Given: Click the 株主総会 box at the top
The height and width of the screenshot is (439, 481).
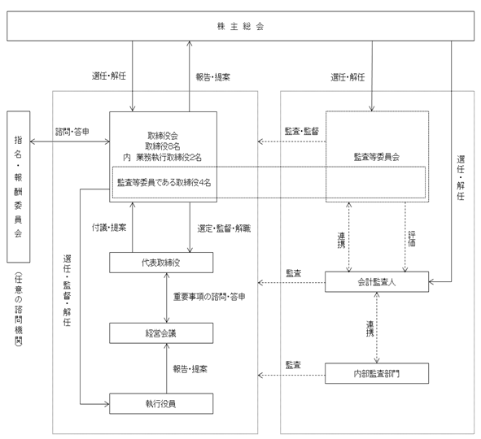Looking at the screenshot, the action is (x=241, y=26).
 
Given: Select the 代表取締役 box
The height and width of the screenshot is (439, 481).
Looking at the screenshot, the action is (x=161, y=263).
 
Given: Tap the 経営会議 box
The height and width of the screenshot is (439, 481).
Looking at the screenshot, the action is (x=161, y=333).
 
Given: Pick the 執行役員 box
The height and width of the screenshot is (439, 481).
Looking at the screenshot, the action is (x=161, y=404).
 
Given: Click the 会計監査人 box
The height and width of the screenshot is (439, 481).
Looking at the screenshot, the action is (x=377, y=282).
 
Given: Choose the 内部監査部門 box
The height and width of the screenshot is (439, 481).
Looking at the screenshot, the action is (x=377, y=373).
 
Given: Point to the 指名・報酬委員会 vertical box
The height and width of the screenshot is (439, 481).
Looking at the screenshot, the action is (x=19, y=187).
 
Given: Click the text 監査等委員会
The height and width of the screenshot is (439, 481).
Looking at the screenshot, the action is (x=377, y=157).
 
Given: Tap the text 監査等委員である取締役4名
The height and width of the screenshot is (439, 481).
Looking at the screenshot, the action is (x=164, y=183).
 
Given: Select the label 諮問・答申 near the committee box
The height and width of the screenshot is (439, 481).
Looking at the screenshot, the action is (x=72, y=132).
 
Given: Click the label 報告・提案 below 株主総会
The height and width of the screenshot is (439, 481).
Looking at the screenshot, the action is (x=213, y=77).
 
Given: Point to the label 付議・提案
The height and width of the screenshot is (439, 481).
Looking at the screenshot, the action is (x=109, y=228).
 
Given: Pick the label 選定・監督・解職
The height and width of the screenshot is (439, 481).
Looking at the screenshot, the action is (x=224, y=228).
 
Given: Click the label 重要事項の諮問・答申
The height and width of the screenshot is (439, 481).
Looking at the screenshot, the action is (x=209, y=297).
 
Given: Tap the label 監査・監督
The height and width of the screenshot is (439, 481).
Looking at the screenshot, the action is (x=302, y=132).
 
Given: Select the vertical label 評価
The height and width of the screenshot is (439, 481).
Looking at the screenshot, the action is (x=412, y=239).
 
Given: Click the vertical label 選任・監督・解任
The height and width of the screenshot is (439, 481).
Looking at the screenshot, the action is (x=68, y=290).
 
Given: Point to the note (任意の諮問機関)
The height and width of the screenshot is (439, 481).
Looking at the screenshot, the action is (x=19, y=310).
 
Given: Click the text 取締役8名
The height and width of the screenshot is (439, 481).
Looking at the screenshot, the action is (x=163, y=146).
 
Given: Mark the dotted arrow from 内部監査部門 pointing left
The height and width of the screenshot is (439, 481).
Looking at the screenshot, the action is (x=291, y=375).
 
